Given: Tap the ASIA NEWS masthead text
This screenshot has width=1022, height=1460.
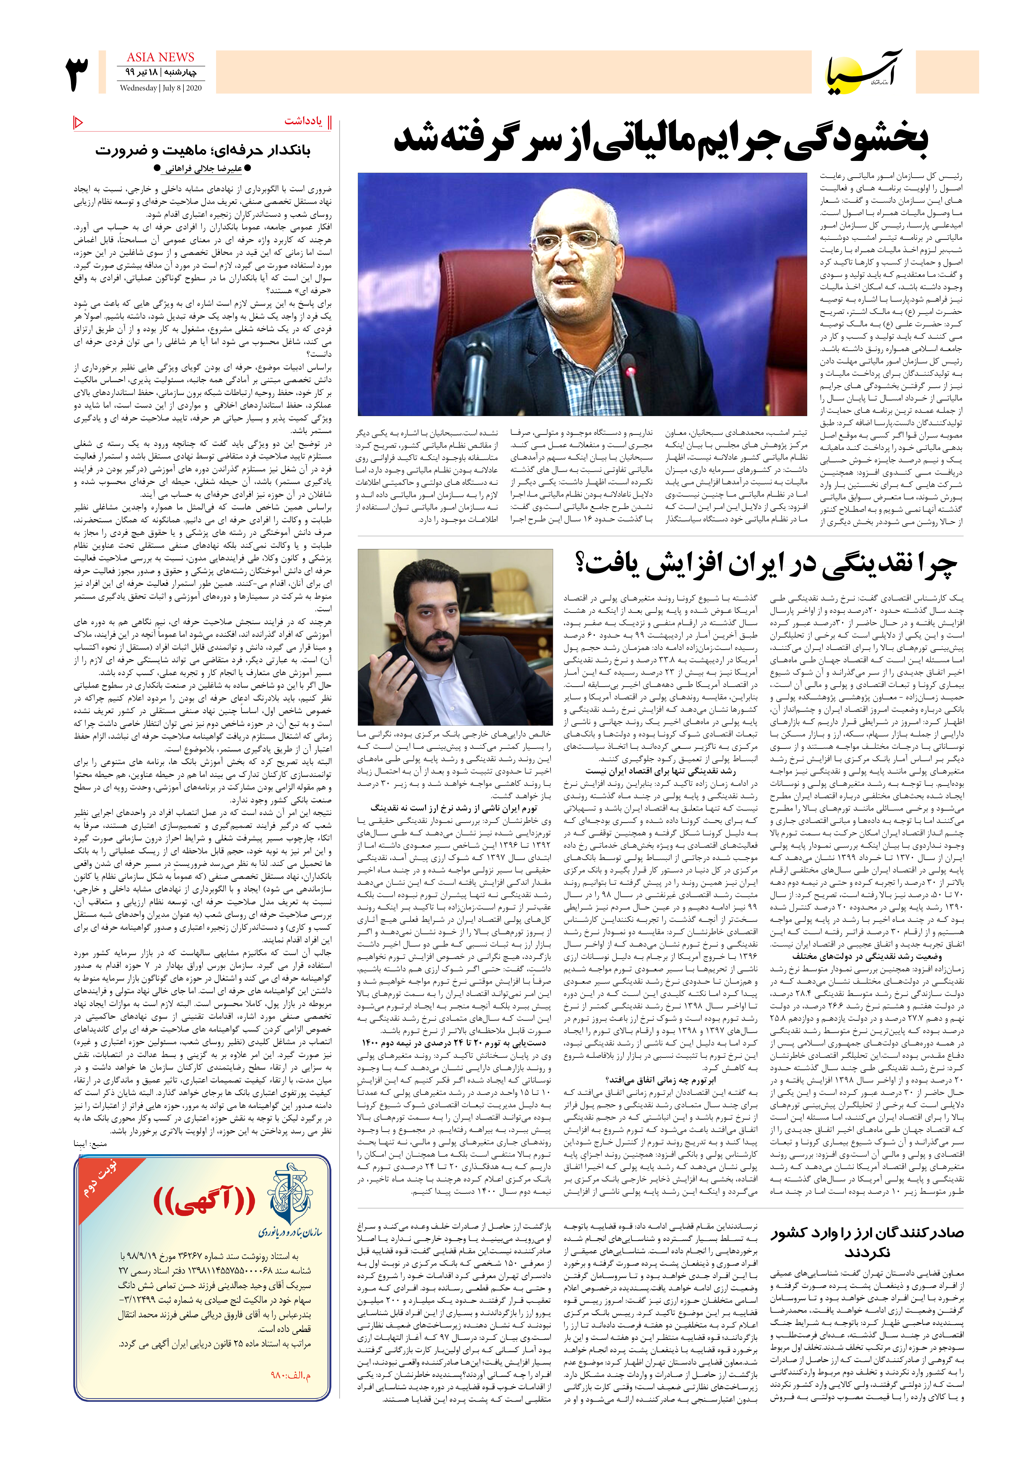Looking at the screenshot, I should (x=160, y=57).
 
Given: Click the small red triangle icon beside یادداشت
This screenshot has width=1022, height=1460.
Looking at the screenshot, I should (x=78, y=122).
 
